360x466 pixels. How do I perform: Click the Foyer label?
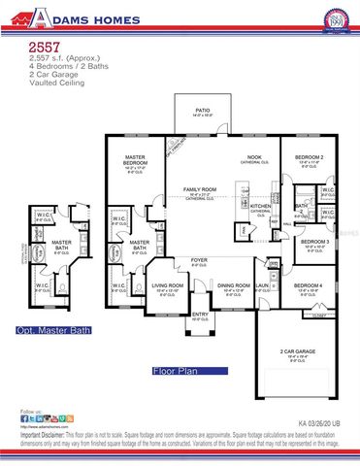coord(198,259)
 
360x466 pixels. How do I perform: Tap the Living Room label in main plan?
coord(168,285)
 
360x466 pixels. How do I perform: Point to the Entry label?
coord(200,314)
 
